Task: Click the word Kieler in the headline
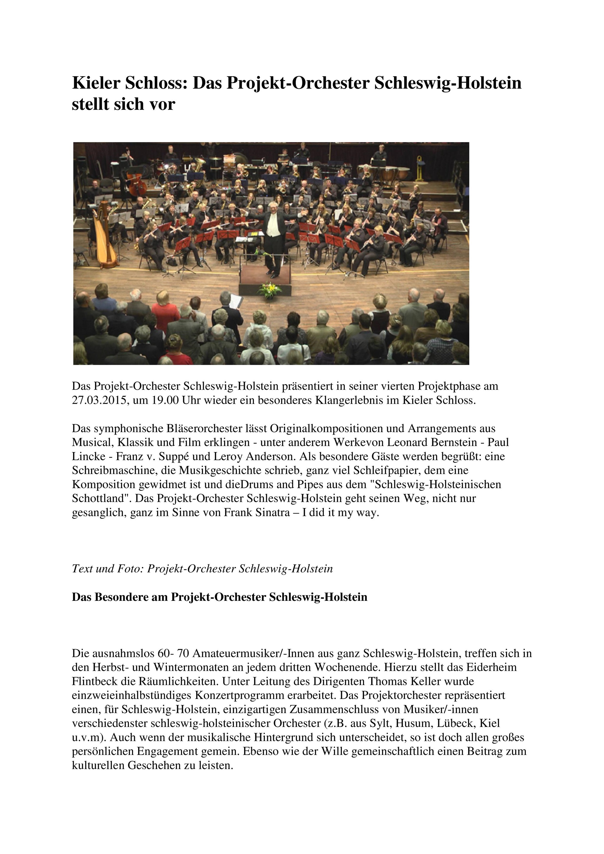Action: pyautogui.click(x=95, y=83)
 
